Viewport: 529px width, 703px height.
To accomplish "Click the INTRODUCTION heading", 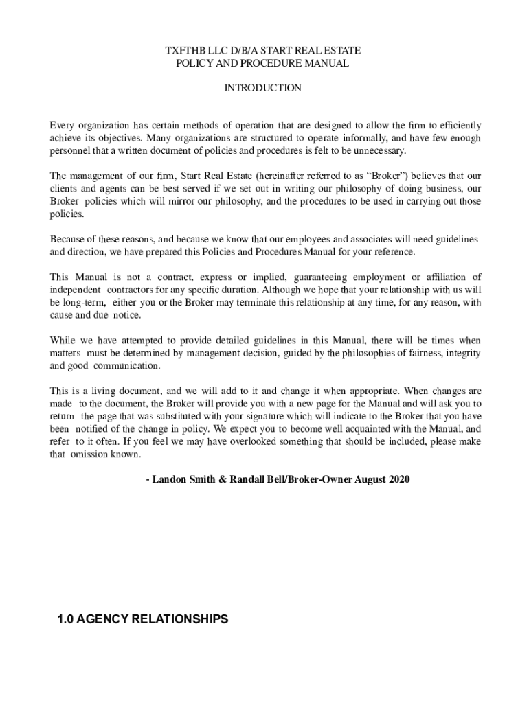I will (262, 88).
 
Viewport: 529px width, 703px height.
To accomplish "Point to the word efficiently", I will (455, 125).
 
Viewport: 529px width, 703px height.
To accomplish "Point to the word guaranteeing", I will (320, 277).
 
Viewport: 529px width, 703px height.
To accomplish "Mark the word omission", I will (90, 454).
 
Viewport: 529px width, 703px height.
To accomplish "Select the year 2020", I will (398, 479).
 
